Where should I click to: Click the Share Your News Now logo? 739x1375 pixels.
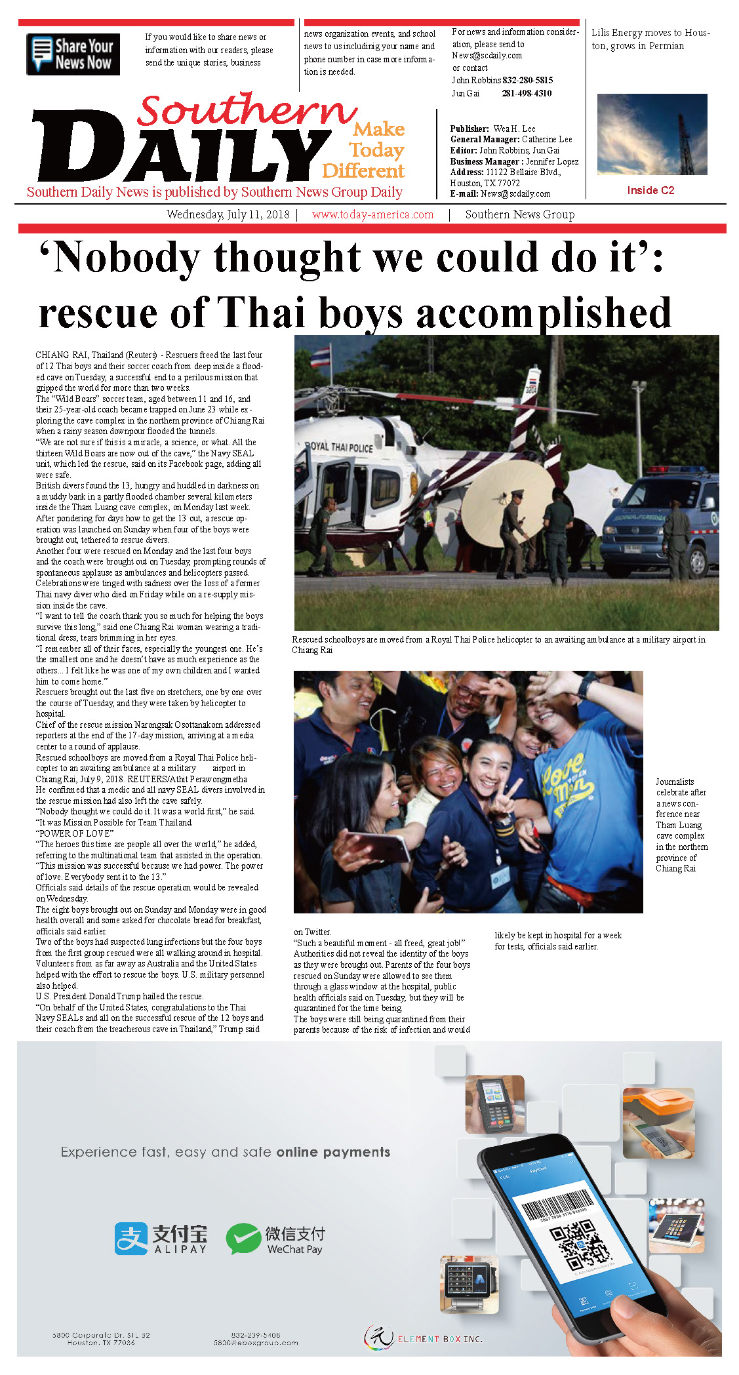[73, 54]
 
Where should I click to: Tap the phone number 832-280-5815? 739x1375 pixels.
[527, 80]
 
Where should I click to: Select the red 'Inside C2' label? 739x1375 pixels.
[650, 190]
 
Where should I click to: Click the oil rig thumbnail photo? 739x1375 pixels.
[652, 134]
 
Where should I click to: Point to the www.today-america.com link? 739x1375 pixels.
[372, 214]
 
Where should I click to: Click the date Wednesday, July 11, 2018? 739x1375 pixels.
[228, 214]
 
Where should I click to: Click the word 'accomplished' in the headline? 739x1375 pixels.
[544, 313]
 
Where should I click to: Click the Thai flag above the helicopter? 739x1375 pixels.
[320, 357]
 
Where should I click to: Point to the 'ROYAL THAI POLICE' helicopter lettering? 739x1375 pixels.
[340, 447]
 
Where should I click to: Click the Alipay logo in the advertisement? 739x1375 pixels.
[161, 1239]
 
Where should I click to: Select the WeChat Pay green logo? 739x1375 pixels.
[243, 1239]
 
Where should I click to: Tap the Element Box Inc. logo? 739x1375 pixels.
[423, 1338]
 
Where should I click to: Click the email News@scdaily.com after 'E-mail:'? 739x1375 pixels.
[515, 193]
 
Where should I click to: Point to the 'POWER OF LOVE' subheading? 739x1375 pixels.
[75, 833]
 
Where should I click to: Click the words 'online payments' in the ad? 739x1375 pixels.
[333, 1152]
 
